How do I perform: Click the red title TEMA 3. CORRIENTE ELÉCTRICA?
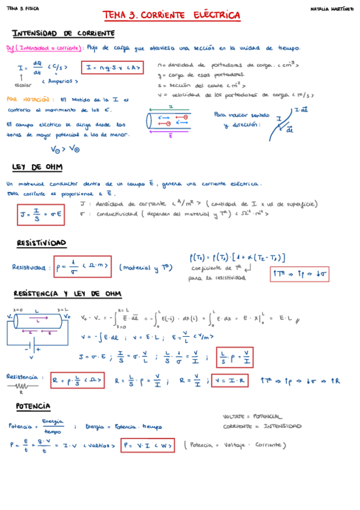coord(171,15)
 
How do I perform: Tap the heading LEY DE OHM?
coord(37,167)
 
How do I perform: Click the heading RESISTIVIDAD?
coord(41,243)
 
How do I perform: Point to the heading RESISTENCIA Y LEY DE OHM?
coord(67,293)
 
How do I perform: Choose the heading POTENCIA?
coord(34,406)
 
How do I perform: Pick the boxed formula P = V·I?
coord(148,446)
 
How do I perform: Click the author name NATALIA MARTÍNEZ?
coord(332,9)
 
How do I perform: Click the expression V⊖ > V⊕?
coord(65,149)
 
